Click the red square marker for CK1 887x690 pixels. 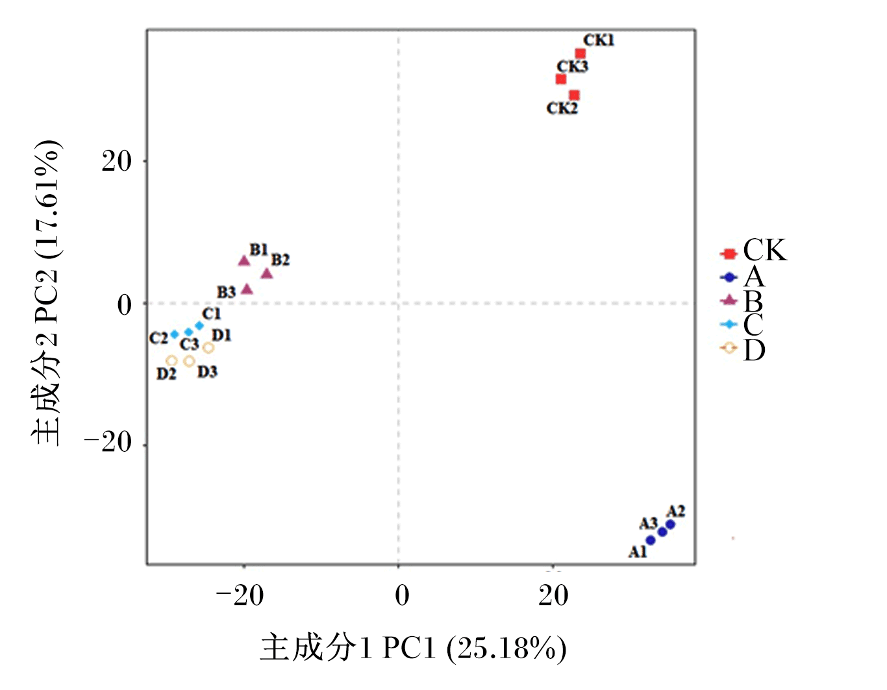[x=581, y=53]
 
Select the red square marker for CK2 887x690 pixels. [x=574, y=95]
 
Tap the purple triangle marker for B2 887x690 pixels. [x=266, y=273]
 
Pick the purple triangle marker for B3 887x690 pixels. [x=247, y=289]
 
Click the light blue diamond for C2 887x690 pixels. [x=174, y=334]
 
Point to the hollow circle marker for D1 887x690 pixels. [x=208, y=348]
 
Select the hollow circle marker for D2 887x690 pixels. [x=172, y=361]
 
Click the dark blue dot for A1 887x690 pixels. [x=651, y=540]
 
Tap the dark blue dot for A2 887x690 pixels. [x=670, y=524]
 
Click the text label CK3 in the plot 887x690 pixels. [x=573, y=66]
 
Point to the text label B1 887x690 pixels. [x=258, y=249]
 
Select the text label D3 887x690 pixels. [x=207, y=372]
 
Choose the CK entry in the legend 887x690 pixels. [x=753, y=251]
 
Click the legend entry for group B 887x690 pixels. [x=742, y=301]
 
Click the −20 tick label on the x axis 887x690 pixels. [x=240, y=596]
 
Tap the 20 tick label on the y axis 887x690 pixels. [x=117, y=161]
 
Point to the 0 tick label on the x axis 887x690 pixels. [x=402, y=596]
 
